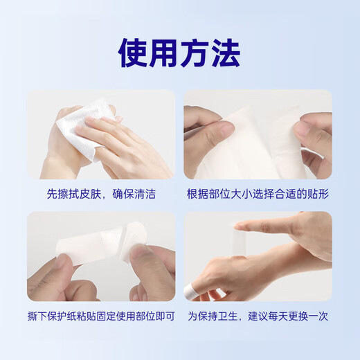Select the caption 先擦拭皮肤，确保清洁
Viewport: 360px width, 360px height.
[x=100, y=195]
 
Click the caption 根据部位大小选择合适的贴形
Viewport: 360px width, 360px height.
[x=258, y=195]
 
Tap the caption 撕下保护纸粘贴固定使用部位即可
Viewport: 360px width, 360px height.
[x=100, y=316]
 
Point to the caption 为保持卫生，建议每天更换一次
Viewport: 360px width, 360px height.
[x=258, y=316]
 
